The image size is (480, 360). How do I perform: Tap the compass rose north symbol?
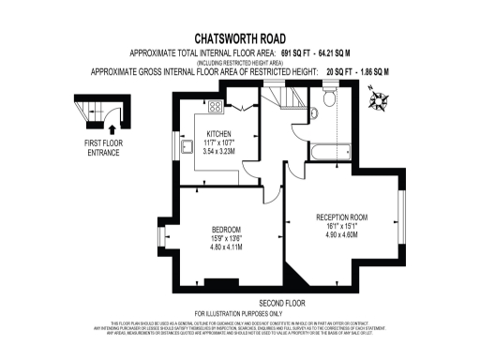coord(380,98)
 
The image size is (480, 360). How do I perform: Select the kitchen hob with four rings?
coord(215,107)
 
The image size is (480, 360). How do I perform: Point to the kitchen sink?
coord(187,146)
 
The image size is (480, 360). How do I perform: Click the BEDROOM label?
coord(226,231)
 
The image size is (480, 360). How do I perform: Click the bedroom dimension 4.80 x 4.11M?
coord(226,248)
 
